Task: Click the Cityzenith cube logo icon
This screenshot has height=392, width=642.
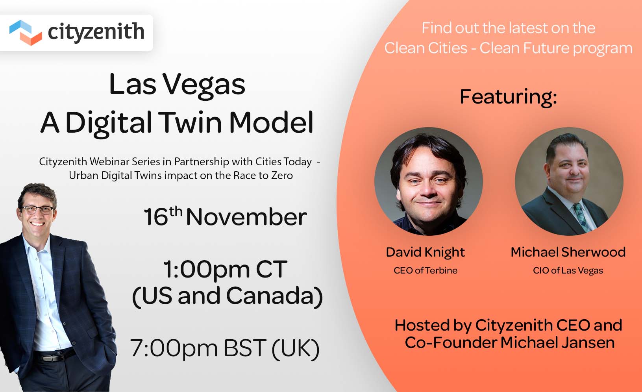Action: click(x=26, y=32)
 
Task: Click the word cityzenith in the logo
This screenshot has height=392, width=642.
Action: click(x=96, y=32)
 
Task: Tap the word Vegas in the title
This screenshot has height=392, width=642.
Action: click(x=204, y=85)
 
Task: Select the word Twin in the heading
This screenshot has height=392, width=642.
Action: click(x=190, y=123)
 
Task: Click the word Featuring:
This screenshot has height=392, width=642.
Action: click(x=509, y=98)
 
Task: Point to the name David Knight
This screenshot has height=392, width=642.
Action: click(x=426, y=253)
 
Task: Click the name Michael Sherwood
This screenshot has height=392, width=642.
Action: click(x=568, y=252)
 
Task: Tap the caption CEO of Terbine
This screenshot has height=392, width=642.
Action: click(x=426, y=270)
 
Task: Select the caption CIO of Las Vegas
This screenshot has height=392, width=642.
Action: click(x=568, y=271)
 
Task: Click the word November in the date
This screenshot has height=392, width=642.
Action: click(x=246, y=217)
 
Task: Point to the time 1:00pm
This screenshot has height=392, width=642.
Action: click(x=207, y=270)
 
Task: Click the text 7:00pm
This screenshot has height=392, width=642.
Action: click(x=174, y=348)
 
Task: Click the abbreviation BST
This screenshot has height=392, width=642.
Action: click(x=245, y=348)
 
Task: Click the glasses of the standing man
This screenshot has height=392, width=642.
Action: click(x=39, y=210)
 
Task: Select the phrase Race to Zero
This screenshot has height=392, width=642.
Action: click(x=263, y=176)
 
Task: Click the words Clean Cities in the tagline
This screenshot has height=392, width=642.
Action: click(x=426, y=48)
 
